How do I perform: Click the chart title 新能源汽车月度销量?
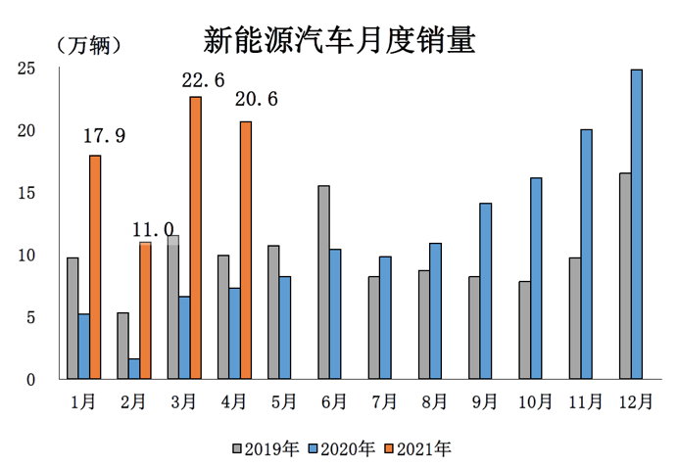[339, 40]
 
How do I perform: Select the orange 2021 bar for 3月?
[196, 238]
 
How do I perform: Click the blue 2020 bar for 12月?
[637, 224]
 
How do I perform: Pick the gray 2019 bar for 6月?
[323, 282]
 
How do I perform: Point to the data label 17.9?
[104, 136]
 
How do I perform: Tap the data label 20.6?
[256, 99]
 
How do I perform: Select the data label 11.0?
[153, 229]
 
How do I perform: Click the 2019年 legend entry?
[266, 448]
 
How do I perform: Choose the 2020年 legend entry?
[342, 448]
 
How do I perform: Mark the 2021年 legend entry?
[418, 448]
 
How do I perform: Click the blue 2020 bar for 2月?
[134, 368]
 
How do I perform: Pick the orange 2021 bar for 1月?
[95, 267]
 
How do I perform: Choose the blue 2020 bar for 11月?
[586, 255]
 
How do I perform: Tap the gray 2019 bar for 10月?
[524, 330]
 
